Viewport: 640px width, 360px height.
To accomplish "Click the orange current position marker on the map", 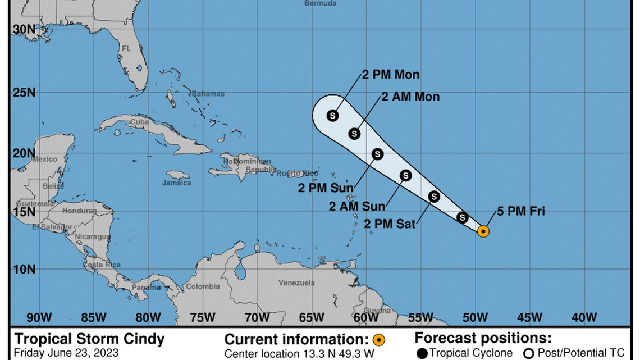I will [x=483, y=230].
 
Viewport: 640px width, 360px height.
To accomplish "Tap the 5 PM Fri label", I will [x=521, y=212].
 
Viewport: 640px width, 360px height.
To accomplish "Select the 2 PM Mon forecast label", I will [x=391, y=75].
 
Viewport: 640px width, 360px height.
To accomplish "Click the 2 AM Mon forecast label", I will [x=410, y=97].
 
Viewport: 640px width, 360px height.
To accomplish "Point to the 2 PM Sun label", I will [x=326, y=187].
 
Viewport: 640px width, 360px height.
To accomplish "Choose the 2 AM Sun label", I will [x=357, y=206].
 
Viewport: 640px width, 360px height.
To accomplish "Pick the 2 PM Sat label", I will [x=390, y=224].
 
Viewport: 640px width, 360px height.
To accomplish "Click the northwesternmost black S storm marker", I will [x=332, y=116].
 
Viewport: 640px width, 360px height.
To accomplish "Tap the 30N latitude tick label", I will [x=24, y=30].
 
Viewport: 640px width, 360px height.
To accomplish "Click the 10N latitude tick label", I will [x=24, y=269].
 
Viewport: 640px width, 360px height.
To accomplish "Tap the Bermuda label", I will [x=321, y=3].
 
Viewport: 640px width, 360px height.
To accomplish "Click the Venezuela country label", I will [x=297, y=283].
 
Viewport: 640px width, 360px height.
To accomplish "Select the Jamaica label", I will [x=177, y=183].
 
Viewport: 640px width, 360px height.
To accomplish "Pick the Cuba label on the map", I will [x=139, y=122].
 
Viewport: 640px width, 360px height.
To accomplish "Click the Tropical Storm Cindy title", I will [x=89, y=339].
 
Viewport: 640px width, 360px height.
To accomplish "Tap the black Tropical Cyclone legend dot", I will [x=422, y=353].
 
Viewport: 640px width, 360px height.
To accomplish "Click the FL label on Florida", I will [x=126, y=49].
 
